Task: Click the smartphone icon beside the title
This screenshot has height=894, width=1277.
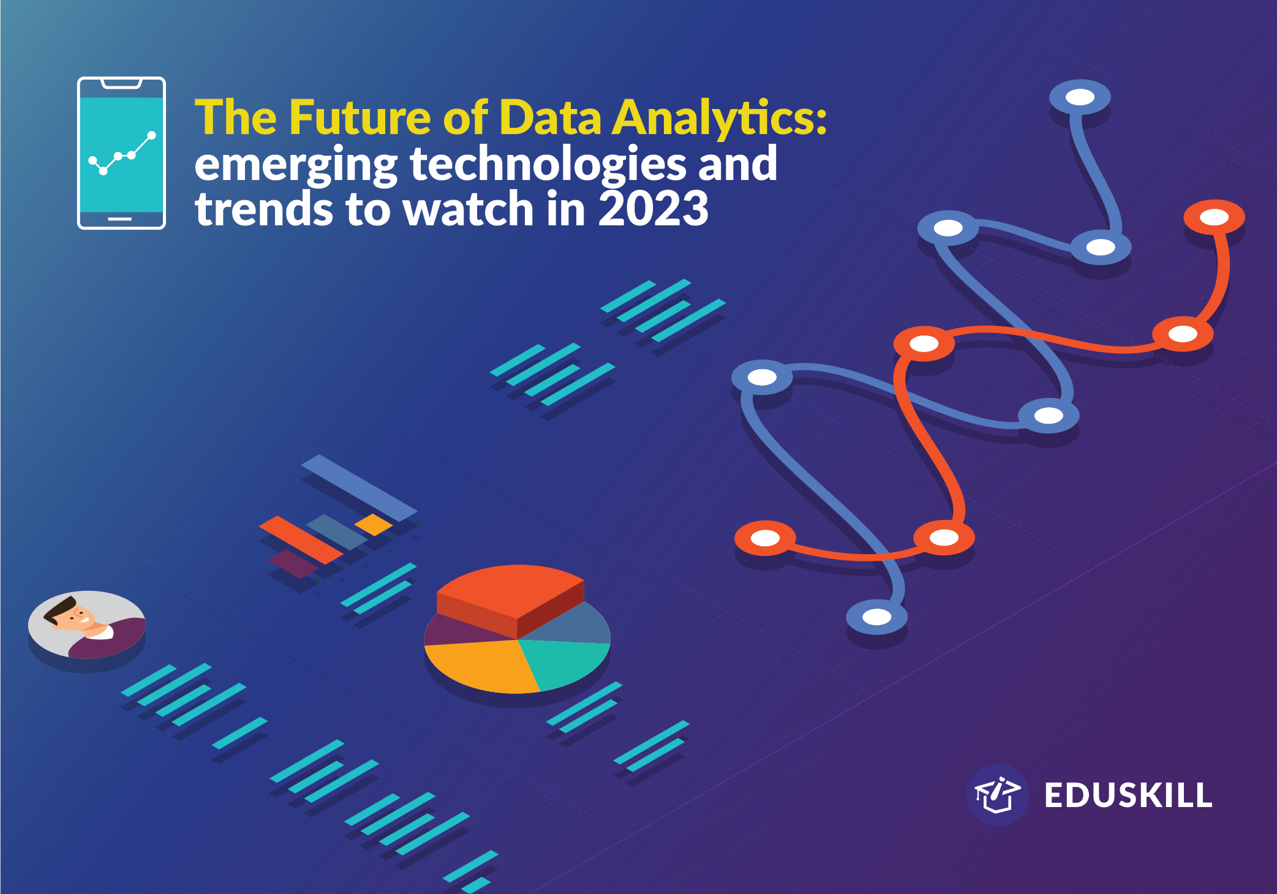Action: pos(121,153)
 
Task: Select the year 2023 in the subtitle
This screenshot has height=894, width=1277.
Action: pos(653,209)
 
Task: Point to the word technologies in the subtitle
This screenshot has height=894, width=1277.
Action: pos(548,164)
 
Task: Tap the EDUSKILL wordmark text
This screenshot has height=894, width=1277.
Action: pos(1128,795)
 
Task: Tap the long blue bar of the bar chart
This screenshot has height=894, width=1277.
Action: pos(359,488)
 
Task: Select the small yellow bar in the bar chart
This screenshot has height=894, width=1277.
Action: pos(374,524)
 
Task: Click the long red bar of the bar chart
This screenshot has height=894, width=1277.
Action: pos(301,539)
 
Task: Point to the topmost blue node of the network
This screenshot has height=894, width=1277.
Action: pos(1080,97)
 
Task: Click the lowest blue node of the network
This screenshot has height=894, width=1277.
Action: pos(876,617)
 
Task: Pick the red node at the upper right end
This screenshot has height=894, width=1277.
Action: pos(1214,217)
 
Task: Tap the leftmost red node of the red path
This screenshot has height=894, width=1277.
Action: pos(765,538)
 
